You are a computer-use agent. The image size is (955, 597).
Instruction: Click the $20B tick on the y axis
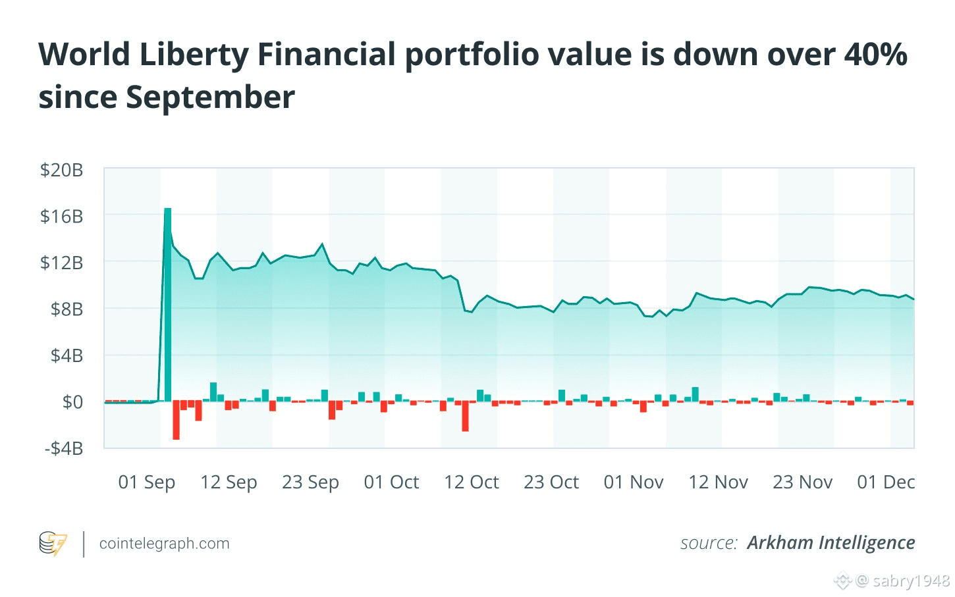pos(61,170)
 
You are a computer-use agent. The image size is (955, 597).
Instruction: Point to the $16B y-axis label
pos(61,216)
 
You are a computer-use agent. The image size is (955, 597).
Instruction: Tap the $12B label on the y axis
pos(61,263)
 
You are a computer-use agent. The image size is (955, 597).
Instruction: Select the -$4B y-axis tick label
pos(64,448)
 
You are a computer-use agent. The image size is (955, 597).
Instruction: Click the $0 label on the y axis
pos(72,402)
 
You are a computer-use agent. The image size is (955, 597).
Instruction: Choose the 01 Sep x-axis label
pos(146,482)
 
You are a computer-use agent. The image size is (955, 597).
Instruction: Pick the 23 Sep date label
pos(310,482)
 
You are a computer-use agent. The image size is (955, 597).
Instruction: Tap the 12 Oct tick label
pos(472,482)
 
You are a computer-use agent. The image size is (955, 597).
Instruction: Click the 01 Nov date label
pos(634,482)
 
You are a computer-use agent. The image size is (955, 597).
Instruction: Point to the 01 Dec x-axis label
pos(886,482)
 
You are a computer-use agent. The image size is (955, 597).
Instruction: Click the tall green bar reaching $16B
pos(168,303)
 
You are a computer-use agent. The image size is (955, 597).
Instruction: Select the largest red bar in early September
pos(176,420)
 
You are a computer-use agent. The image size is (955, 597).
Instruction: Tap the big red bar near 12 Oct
pos(465,416)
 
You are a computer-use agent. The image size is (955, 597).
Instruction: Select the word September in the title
pos(210,97)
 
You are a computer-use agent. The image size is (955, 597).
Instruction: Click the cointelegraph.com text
pos(164,544)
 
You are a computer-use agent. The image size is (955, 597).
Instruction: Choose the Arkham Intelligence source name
pos(831,543)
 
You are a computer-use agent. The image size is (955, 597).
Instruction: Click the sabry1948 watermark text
pos(911,581)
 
